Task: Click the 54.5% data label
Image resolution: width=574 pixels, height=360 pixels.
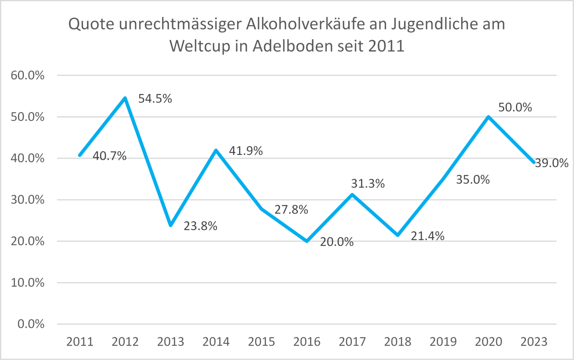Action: pyautogui.click(x=155, y=99)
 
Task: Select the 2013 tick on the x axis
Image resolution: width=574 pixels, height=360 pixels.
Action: pyautogui.click(x=170, y=342)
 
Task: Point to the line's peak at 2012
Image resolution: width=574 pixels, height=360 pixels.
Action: pyautogui.click(x=125, y=98)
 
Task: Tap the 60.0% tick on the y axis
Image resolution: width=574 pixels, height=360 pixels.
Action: pyautogui.click(x=27, y=76)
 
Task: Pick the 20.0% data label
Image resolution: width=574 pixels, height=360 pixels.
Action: pyautogui.click(x=336, y=242)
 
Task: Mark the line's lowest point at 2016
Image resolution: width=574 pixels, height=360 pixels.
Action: pyautogui.click(x=307, y=241)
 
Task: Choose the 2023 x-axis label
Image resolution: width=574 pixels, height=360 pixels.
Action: pyautogui.click(x=534, y=342)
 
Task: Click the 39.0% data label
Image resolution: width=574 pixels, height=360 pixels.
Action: pyautogui.click(x=552, y=163)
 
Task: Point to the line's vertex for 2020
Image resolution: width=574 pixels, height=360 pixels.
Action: pyautogui.click(x=488, y=117)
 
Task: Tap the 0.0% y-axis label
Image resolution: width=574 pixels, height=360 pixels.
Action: pyautogui.click(x=31, y=324)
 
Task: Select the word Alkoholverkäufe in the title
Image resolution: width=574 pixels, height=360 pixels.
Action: pyautogui.click(x=305, y=24)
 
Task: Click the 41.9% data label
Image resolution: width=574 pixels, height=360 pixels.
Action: pyautogui.click(x=246, y=151)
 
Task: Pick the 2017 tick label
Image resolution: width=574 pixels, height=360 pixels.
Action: pyautogui.click(x=352, y=342)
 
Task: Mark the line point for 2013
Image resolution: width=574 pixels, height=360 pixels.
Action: pyautogui.click(x=170, y=225)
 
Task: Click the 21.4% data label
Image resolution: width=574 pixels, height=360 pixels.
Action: pyautogui.click(x=427, y=236)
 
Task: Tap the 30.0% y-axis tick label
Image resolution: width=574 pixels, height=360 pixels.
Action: pyautogui.click(x=27, y=200)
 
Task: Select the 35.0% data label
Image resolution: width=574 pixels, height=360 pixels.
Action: pyautogui.click(x=473, y=180)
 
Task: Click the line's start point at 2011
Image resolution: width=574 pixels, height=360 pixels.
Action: pyautogui.click(x=80, y=155)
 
